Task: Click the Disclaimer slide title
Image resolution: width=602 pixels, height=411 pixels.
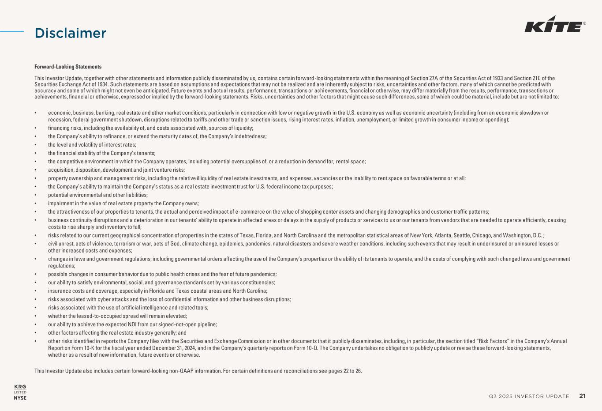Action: (71, 33)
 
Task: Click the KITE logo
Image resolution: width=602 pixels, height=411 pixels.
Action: (555, 27)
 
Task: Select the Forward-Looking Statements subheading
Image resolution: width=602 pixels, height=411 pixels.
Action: (68, 67)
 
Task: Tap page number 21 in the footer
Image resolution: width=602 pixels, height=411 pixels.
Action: (583, 396)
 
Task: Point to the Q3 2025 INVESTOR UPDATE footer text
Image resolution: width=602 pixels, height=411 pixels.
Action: (529, 396)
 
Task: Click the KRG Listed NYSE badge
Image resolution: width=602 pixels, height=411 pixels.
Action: (20, 392)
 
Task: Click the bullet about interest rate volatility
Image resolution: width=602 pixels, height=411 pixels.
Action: (92, 145)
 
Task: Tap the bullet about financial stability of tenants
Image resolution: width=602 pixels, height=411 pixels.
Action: (101, 153)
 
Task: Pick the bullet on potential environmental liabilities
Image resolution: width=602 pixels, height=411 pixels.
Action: (97, 195)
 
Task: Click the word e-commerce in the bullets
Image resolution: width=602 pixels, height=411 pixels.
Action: (251, 211)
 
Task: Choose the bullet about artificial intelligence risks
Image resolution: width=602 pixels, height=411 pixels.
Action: (128, 308)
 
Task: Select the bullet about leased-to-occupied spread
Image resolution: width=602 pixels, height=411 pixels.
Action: (117, 316)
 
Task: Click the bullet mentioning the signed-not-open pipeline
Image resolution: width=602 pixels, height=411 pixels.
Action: (132, 324)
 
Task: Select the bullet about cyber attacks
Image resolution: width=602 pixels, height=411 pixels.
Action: (169, 299)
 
